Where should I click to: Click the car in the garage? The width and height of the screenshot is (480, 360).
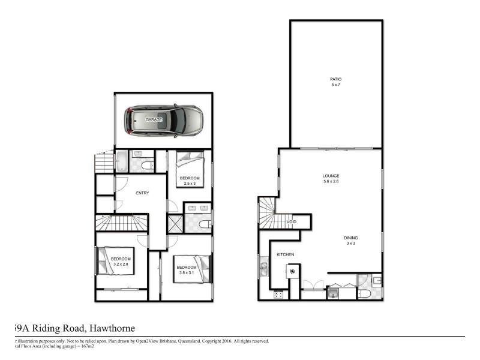[x=163, y=120]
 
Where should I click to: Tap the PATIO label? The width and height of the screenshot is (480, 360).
[x=335, y=79]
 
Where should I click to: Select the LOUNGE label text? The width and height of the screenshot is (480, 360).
[x=331, y=176]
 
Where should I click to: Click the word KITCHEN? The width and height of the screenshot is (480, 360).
[x=285, y=255]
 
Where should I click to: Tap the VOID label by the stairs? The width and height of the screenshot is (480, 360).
[x=292, y=222]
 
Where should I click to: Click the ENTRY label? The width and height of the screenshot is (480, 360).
[x=142, y=193]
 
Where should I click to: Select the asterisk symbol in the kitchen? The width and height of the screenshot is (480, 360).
[x=293, y=272]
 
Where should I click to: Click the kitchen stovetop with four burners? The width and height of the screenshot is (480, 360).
[x=278, y=294]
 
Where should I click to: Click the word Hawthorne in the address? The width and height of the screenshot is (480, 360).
[x=112, y=328]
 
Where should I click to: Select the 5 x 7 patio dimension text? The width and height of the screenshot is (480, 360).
[x=335, y=85]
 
